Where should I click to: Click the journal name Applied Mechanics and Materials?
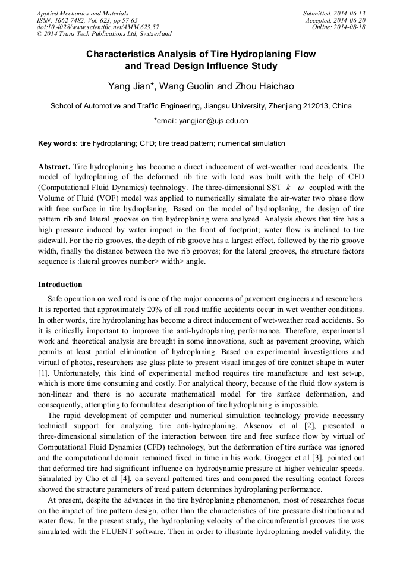coord(82,13)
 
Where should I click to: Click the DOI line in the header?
coord(97,27)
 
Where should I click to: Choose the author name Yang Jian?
coord(131,86)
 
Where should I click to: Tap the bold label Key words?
coord(58,143)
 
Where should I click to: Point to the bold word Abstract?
coord(55,166)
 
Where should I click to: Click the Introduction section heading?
coord(60,285)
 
